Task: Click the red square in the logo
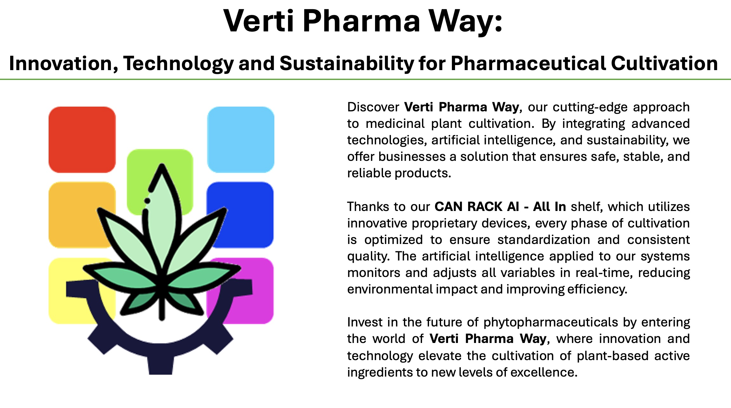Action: coord(82,140)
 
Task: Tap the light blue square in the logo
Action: coord(241,140)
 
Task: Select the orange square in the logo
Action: coord(76,215)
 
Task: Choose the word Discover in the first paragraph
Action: coord(373,107)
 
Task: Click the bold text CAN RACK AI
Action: coord(477,207)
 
